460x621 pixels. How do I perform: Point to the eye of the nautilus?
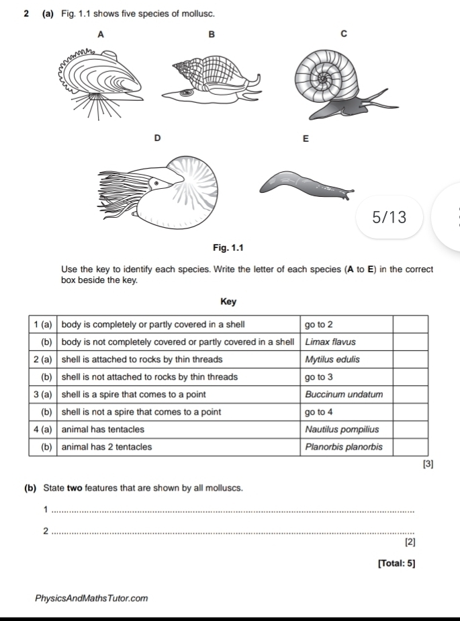point(157,181)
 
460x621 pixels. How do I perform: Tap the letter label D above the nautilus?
point(158,138)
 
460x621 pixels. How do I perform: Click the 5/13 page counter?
point(389,217)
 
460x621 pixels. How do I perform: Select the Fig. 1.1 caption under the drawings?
point(229,249)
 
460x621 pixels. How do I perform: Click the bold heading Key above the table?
point(228,302)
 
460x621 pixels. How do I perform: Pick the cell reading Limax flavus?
point(330,342)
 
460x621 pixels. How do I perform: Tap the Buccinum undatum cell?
point(343,394)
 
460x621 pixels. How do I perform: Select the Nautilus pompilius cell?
point(342,429)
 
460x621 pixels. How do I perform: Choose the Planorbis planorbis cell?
point(343,446)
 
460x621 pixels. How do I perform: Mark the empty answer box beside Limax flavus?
point(410,342)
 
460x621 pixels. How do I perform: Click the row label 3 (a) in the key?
point(44,394)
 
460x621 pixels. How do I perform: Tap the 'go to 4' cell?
point(318,411)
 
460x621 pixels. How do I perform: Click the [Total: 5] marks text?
point(396,563)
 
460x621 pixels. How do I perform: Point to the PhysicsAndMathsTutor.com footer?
point(93,597)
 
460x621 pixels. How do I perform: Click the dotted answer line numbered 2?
point(232,533)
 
